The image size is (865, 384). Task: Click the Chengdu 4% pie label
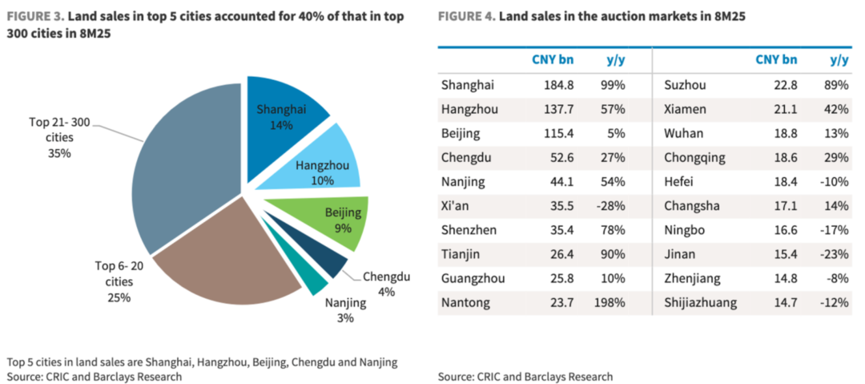coord(387,285)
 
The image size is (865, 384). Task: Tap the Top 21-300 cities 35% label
coord(59,137)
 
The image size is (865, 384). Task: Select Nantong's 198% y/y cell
coord(610,302)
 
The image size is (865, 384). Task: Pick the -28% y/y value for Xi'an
coord(611,205)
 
